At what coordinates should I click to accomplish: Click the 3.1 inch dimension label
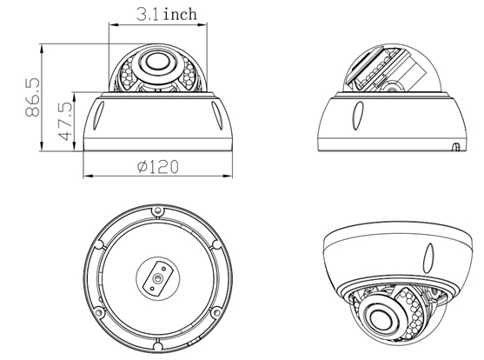(x=166, y=14)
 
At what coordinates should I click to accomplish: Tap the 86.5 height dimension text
(x=32, y=97)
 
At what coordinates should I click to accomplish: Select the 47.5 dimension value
(x=65, y=121)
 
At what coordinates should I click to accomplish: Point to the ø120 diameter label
(x=158, y=167)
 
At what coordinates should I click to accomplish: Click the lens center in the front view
(x=156, y=62)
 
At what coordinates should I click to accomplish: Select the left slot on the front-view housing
(x=99, y=116)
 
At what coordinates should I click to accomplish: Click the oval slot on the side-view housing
(x=358, y=116)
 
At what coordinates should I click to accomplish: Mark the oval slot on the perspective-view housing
(x=428, y=258)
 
